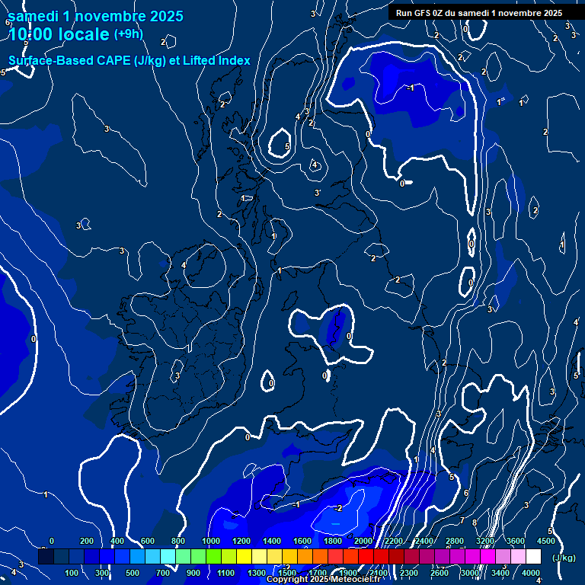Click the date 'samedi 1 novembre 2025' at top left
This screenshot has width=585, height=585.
point(95,16)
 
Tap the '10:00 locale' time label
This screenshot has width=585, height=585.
point(59,34)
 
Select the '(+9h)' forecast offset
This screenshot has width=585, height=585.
point(128,34)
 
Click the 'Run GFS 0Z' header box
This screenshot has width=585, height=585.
point(478,12)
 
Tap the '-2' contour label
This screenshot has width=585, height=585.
point(338,508)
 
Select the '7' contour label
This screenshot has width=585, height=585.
point(462,520)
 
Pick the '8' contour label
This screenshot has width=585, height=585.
point(474,523)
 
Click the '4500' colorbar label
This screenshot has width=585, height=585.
point(545,541)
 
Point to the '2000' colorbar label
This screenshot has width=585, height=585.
point(363,541)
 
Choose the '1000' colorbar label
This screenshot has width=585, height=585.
point(210,541)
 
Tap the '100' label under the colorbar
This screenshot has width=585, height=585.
point(72,573)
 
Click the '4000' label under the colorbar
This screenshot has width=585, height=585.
point(530,573)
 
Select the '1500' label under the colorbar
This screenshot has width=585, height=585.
point(287,573)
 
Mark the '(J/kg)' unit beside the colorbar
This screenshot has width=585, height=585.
point(564,558)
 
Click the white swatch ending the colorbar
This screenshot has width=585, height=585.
point(533,557)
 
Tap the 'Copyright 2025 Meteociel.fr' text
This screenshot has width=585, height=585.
point(323,580)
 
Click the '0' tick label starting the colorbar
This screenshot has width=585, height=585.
point(52,541)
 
